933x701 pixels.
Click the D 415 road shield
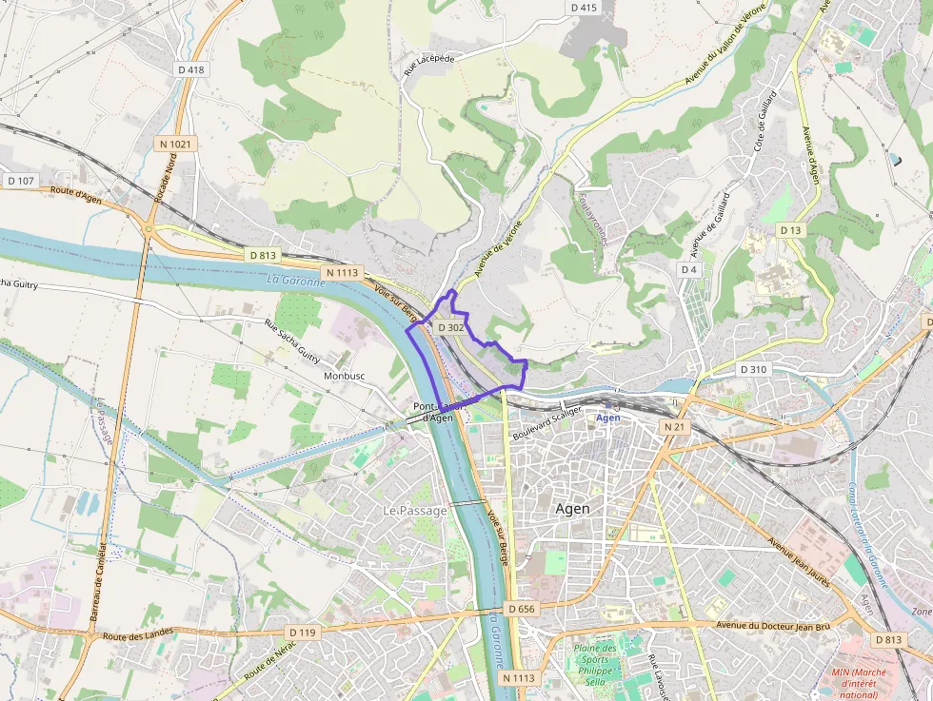point(584,8)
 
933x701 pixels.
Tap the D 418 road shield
point(190,69)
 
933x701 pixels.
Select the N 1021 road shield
point(174,144)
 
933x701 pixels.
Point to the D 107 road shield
point(20,181)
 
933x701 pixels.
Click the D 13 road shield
point(790,230)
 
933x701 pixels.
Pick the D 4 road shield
point(689,270)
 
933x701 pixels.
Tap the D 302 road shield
point(450,327)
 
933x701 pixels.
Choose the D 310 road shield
point(753,369)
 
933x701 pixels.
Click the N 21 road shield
point(674,428)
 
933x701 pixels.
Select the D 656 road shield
point(522,609)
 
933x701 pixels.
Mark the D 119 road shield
point(301,632)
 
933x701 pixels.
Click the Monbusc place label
point(345,376)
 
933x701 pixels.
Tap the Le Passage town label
point(414,511)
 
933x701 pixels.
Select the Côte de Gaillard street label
point(764,122)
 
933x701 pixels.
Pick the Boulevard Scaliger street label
point(546,423)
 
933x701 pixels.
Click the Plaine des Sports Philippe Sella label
point(595,664)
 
